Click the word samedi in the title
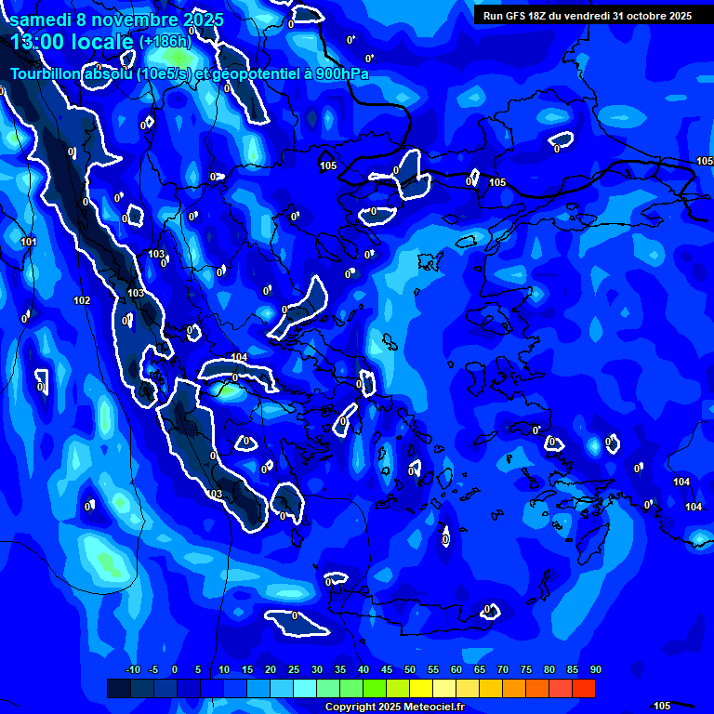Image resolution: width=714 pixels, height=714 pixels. (37, 19)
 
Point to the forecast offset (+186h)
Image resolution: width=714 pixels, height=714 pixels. (165, 42)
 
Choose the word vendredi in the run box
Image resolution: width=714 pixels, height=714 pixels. (589, 16)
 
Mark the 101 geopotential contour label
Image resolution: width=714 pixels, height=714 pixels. (29, 243)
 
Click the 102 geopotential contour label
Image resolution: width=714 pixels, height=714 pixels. (82, 300)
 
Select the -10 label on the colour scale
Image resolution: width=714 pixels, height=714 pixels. (131, 669)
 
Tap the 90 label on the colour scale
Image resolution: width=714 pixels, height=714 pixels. (595, 669)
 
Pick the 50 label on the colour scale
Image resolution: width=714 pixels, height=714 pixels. (409, 669)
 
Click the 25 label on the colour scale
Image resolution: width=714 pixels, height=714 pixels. (293, 669)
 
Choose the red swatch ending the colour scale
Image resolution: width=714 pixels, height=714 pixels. (583, 688)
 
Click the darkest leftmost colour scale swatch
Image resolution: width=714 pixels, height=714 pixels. (118, 688)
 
